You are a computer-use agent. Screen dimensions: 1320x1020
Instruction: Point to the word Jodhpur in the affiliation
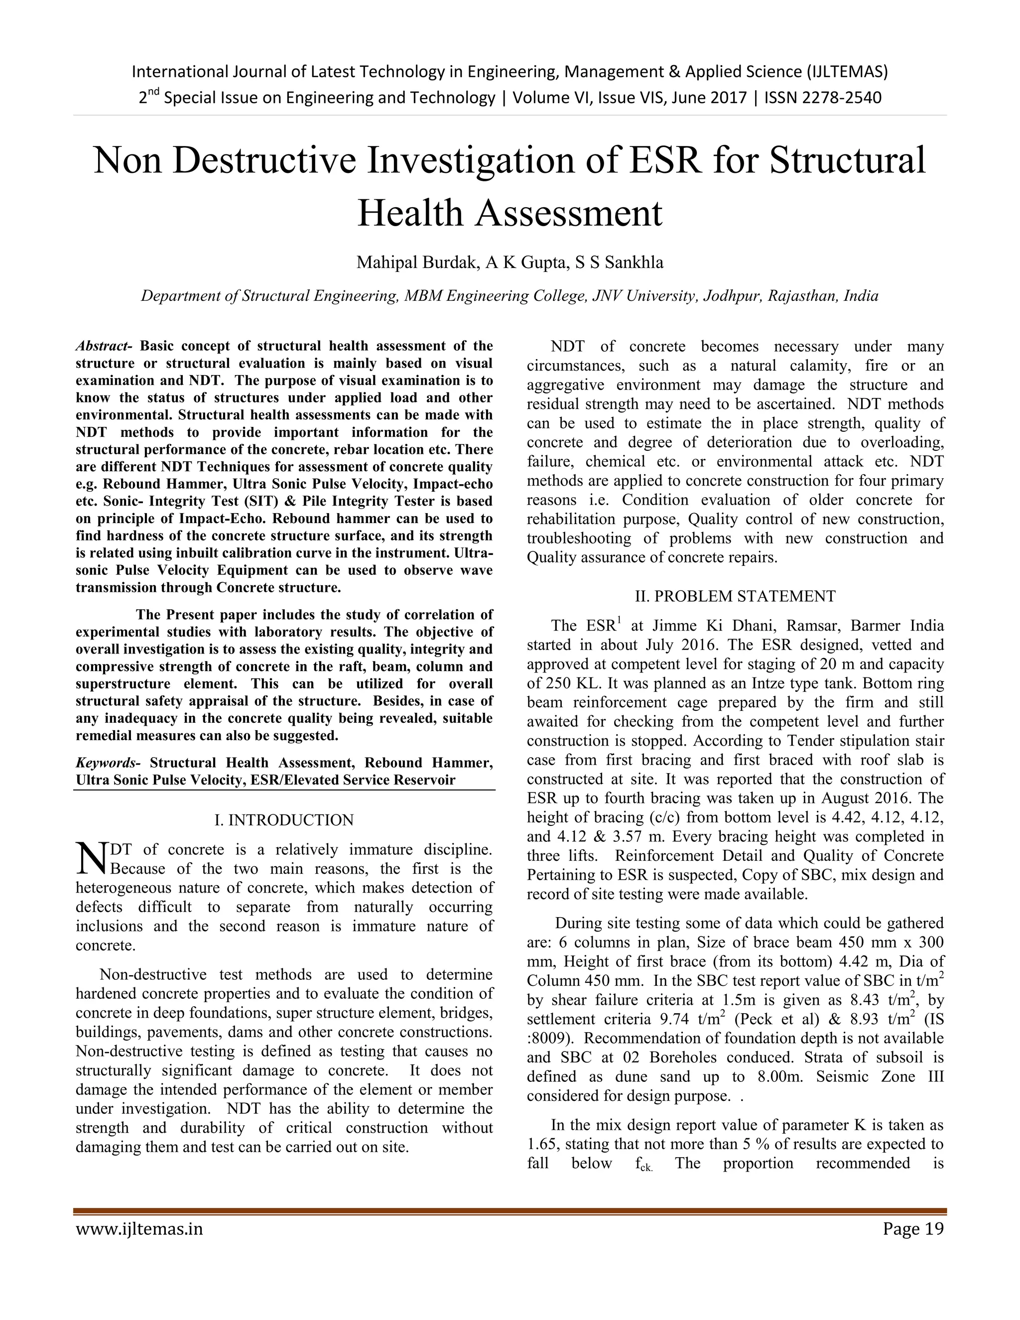[x=730, y=296]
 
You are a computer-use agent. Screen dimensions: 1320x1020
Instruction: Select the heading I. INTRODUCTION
[x=284, y=820]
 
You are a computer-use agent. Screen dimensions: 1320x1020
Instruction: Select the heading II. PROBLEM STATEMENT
[x=735, y=597]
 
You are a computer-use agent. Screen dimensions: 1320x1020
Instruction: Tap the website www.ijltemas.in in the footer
[x=139, y=1229]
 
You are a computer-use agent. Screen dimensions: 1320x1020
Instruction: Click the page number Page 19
[x=912, y=1229]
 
